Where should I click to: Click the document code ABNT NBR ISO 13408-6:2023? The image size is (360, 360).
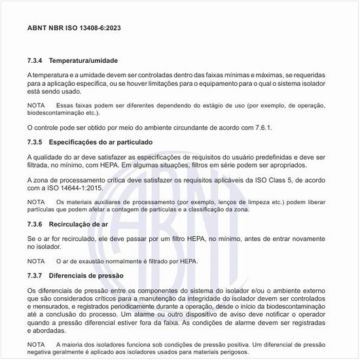(73, 28)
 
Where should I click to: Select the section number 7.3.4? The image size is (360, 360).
(35, 60)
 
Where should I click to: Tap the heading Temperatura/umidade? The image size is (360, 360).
(84, 60)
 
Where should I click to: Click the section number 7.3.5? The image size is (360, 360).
(35, 141)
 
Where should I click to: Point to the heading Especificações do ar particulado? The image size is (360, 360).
(101, 141)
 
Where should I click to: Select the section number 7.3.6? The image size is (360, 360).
(35, 224)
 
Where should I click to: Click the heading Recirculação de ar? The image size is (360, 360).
(79, 224)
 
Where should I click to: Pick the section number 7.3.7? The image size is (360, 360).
(35, 276)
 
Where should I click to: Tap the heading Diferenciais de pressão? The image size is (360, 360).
(86, 276)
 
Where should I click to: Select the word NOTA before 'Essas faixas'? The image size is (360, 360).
(36, 105)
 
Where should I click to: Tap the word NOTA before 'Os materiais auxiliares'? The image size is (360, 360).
(36, 202)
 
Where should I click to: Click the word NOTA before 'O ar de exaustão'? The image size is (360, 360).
(36, 261)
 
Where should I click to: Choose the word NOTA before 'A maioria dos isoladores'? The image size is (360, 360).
(36, 344)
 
